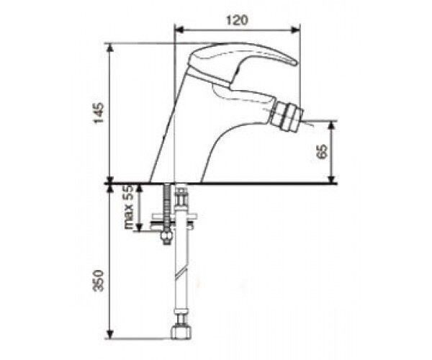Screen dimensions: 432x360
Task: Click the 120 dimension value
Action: (237, 20)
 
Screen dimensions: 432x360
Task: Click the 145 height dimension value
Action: (99, 113)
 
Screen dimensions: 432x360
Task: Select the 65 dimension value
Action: (322, 151)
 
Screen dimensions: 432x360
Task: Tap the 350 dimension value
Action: (99, 280)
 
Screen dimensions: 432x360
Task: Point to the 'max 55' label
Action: (129, 207)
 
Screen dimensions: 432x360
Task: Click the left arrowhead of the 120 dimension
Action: (179, 30)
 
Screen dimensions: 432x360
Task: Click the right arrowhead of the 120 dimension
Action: (296, 30)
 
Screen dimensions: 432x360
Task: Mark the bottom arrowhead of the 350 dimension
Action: (110, 334)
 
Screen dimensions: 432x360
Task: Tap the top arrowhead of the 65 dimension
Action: (332, 125)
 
